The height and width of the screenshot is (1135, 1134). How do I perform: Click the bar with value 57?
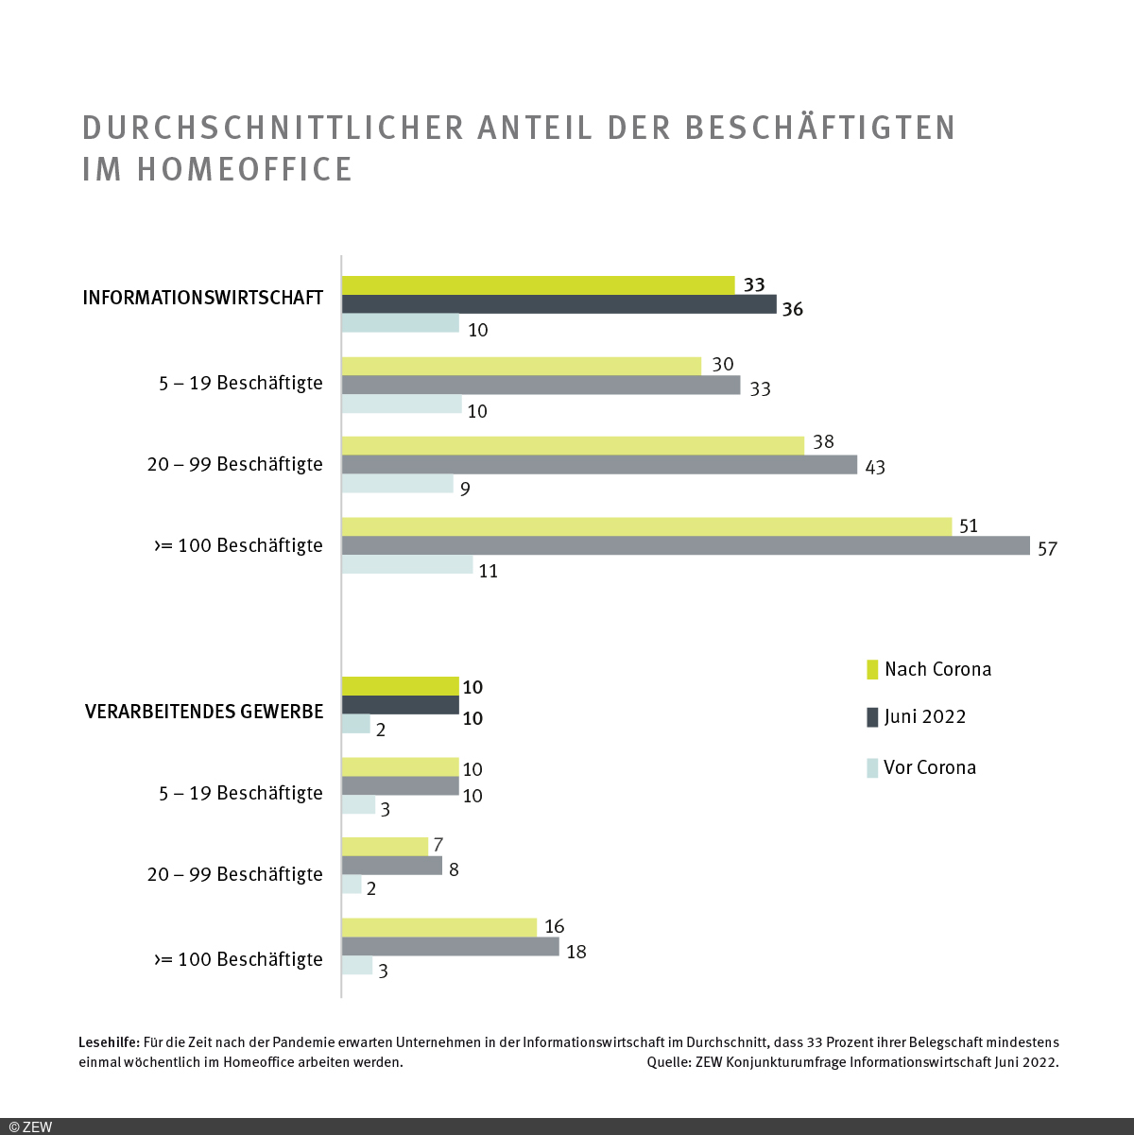685,545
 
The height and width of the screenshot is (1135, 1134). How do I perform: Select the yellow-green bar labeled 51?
646,526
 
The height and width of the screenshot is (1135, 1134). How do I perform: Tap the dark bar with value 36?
558,304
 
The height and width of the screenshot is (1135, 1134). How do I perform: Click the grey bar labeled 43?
599,465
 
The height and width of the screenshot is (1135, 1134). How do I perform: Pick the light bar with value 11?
407,565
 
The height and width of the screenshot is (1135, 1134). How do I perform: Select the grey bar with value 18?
450,947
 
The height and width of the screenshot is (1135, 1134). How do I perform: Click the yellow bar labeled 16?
438,927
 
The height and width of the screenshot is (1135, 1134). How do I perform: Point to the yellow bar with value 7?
385,846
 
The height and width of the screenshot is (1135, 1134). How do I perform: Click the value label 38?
824,442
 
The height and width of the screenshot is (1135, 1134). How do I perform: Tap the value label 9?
465,490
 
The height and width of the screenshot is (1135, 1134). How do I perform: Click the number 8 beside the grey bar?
454,869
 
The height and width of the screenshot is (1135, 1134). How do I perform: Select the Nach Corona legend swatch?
872,669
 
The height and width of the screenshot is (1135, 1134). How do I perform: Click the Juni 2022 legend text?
925,716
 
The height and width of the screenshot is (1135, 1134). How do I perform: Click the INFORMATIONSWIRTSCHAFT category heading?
203,298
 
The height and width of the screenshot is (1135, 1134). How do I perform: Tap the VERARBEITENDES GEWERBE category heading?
204,712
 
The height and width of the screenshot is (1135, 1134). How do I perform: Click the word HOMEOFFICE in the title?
245,169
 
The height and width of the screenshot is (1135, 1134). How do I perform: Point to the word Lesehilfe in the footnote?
109,1042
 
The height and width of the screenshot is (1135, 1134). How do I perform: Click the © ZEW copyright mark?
31,1126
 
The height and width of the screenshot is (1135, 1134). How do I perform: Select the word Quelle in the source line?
668,1062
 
